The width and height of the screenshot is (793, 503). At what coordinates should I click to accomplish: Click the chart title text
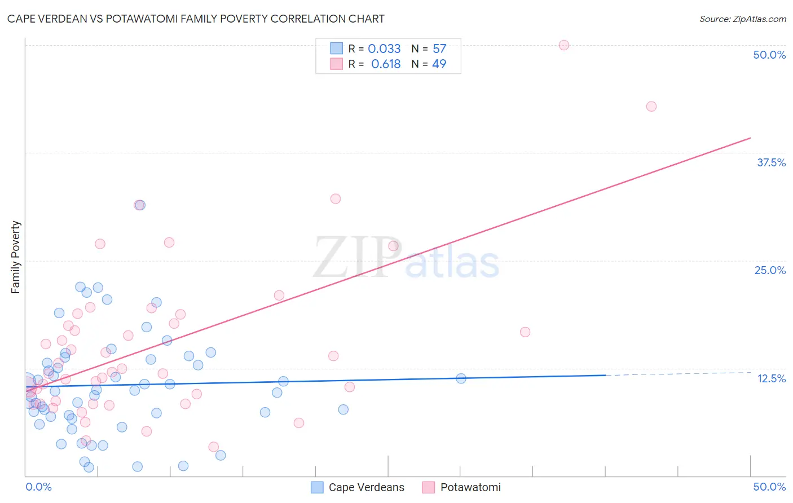196,19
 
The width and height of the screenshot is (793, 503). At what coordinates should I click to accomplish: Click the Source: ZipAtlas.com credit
742,19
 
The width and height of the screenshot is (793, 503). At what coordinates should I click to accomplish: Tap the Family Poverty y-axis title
16,257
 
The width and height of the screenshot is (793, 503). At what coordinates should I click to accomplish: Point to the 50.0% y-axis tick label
769,55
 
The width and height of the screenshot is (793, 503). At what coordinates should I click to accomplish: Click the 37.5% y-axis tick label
770,162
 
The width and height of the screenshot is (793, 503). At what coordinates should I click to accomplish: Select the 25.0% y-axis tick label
769,270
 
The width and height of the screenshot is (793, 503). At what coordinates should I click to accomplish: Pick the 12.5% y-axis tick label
771,378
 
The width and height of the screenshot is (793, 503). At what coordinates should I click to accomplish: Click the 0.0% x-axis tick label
38,487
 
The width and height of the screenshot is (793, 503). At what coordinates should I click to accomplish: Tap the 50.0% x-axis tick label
769,487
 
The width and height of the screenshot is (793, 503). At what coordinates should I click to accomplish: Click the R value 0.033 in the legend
384,49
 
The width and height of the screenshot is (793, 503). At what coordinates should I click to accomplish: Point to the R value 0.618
386,64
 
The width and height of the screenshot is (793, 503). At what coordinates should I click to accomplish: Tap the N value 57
439,49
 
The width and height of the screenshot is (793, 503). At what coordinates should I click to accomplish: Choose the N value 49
439,64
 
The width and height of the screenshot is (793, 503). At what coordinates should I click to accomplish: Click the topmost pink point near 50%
564,45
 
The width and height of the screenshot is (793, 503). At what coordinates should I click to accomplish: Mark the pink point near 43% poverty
651,107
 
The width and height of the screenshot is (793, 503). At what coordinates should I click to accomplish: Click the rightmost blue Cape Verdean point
461,378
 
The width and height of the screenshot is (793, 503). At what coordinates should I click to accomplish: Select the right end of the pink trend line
750,138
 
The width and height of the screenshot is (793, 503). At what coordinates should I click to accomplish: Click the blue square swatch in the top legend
336,48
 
